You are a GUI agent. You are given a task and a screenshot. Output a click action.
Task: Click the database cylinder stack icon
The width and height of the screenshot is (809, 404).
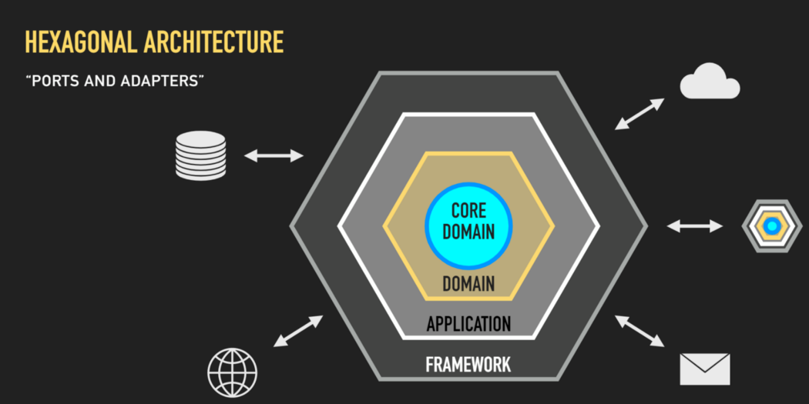tap(200, 155)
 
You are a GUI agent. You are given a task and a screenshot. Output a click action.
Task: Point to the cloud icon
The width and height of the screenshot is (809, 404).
tap(710, 81)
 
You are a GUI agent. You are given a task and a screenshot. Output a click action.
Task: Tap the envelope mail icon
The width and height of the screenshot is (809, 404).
tap(704, 369)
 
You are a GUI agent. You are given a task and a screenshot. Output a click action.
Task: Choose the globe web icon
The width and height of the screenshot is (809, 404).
tap(232, 373)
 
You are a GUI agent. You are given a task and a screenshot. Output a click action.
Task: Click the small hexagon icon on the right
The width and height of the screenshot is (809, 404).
tap(772, 225)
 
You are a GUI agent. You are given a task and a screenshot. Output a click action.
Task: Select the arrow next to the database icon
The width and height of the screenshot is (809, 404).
tap(274, 155)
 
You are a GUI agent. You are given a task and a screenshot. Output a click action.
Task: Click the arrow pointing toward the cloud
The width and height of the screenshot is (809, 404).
tap(639, 114)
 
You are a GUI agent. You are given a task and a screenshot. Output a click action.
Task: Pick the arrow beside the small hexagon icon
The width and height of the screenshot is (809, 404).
tap(695, 225)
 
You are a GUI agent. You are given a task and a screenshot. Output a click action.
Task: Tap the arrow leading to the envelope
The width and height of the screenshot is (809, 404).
tap(639, 331)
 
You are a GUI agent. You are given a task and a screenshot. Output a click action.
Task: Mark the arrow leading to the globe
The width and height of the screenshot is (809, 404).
tap(298, 331)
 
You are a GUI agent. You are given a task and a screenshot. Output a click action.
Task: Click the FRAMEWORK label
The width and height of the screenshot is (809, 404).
tap(468, 364)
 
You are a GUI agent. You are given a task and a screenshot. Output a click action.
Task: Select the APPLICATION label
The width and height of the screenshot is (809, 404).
tap(468, 324)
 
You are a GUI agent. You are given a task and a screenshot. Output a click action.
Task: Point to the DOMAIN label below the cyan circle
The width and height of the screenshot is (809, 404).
tap(468, 283)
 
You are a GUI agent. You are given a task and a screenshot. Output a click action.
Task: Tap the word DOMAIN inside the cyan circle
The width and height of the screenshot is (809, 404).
tap(468, 232)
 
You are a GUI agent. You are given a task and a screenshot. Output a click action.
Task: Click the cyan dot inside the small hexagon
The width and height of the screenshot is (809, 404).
tap(772, 225)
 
